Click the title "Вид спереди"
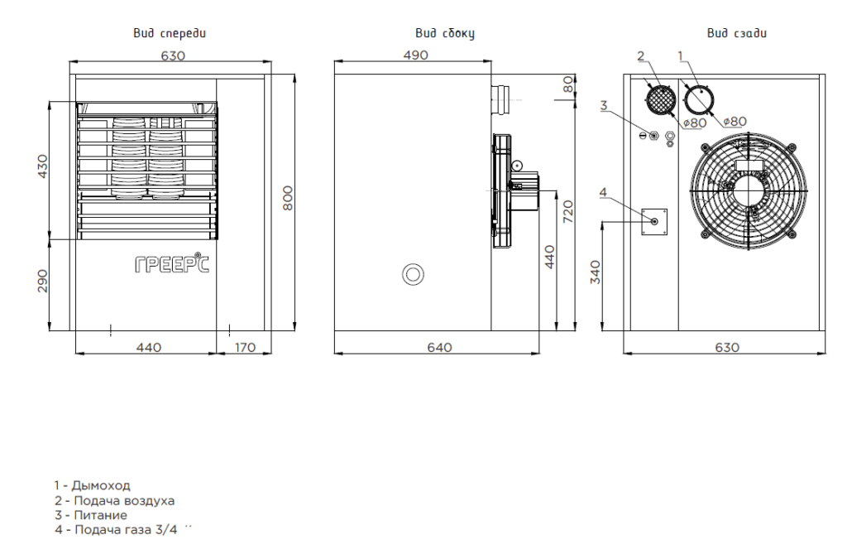pos(170,33)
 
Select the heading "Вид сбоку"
pos(445,33)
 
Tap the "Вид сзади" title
pos(737,33)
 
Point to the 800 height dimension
pos(288,198)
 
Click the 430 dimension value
pos(42,166)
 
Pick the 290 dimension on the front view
pos(42,282)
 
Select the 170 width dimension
pos(245,347)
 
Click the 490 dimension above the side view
pos(415,55)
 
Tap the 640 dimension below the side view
pos(439,347)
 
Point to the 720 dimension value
pos(567,211)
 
